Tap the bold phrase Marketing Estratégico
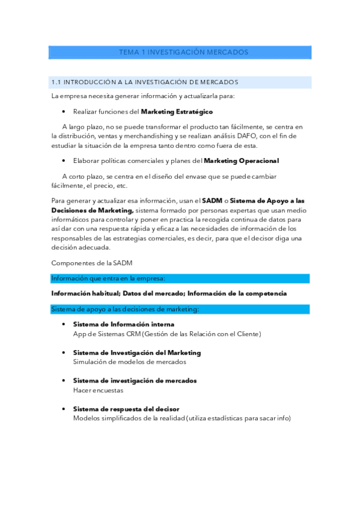(176, 112)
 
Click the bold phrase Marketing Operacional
(241, 161)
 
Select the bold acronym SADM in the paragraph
(212, 201)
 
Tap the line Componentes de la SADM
(92, 263)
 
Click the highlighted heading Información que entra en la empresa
(108, 278)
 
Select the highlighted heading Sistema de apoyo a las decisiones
(125, 309)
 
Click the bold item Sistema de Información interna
(124, 325)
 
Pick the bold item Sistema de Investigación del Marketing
(137, 352)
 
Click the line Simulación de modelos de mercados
(129, 362)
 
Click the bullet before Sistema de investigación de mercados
(64, 381)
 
